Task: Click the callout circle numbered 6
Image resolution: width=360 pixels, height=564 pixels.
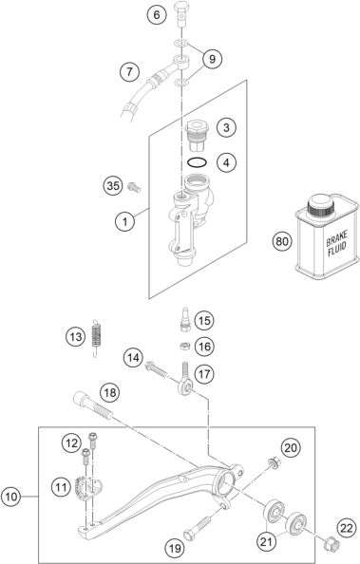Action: pos(156,15)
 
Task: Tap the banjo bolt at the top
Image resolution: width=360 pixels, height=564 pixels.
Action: pos(181,14)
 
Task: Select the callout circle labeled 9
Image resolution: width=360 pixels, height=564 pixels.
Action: pos(212,59)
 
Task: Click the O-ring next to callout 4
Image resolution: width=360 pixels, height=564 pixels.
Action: pos(197,162)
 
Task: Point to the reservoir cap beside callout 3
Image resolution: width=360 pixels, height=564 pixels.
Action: pos(197,137)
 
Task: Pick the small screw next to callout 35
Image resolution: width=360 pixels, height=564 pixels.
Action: pos(134,187)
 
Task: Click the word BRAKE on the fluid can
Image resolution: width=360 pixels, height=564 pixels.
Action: pos(336,238)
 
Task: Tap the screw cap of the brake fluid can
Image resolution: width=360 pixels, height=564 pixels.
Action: pos(320,207)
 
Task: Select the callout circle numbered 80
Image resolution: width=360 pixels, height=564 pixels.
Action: pos(282,241)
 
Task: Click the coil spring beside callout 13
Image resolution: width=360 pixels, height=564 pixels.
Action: pos(97,338)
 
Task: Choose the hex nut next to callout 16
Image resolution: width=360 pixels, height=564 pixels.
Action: pos(184,346)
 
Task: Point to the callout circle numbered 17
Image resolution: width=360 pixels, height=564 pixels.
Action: pos(204,374)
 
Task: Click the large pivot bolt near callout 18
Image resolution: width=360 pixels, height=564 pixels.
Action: pos(93,405)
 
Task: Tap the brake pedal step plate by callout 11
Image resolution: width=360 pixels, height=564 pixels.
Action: pos(88,486)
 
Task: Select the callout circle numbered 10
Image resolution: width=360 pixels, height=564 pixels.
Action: pos(10,497)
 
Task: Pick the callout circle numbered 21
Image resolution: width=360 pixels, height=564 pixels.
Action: pos(266,541)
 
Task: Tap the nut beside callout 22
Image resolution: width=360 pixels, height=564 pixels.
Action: pos(330,544)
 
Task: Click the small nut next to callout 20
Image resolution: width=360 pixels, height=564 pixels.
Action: pos(274,462)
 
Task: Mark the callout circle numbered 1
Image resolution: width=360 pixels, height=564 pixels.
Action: pos(125,221)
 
